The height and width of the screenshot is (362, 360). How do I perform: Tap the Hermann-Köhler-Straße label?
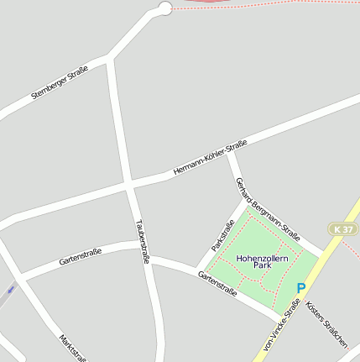tap(210, 159)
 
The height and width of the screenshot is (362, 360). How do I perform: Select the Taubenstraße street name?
tap(142, 241)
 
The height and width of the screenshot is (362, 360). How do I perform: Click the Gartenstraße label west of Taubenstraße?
tap(81, 257)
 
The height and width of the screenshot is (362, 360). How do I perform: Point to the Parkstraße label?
tap(223, 235)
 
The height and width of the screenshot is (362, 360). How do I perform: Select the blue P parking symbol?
tap(300, 288)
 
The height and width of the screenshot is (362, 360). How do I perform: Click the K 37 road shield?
tap(342, 229)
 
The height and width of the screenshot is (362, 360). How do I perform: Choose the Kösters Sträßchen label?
tap(326, 324)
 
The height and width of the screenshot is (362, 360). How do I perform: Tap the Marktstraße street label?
tap(73, 348)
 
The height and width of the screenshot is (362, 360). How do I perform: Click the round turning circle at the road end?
tap(164, 8)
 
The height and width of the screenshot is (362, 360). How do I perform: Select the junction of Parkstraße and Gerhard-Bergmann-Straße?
tap(246, 202)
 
